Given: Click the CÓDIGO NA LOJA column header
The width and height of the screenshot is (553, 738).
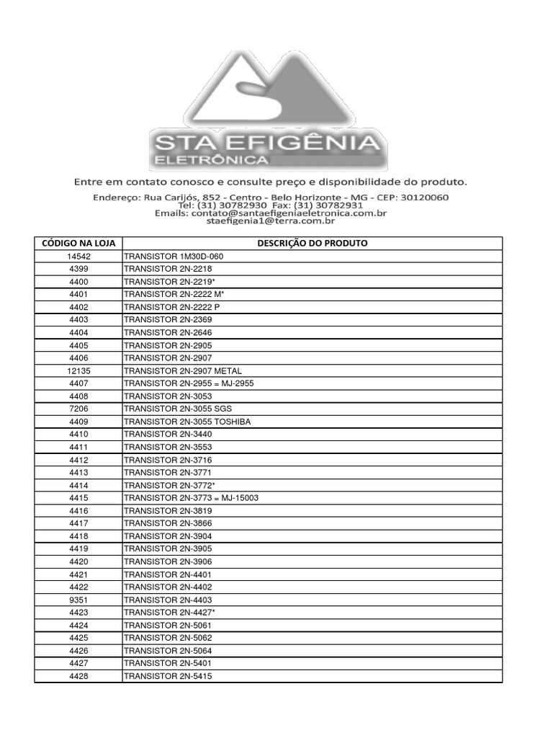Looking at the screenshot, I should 78,244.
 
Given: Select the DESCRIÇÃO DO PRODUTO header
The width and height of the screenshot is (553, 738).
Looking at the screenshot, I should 313,244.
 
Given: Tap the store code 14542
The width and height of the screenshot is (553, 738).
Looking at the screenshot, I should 78,257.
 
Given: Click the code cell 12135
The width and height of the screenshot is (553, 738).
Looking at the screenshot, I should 78,370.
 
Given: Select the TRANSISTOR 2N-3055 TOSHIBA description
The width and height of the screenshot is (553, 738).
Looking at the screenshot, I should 187,422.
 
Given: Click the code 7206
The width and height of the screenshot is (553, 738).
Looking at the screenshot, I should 78,409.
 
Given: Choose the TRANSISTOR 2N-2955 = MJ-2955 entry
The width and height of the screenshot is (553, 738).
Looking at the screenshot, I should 189,383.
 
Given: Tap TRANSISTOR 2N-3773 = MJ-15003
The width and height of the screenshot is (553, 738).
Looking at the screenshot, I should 191,498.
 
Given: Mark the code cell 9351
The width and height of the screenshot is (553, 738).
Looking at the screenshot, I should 78,600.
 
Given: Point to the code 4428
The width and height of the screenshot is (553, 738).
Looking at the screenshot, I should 78,676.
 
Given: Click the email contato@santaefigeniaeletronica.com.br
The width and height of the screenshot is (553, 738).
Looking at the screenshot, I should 289,213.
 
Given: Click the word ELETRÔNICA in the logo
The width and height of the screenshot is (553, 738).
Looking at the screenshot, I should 210,159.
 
